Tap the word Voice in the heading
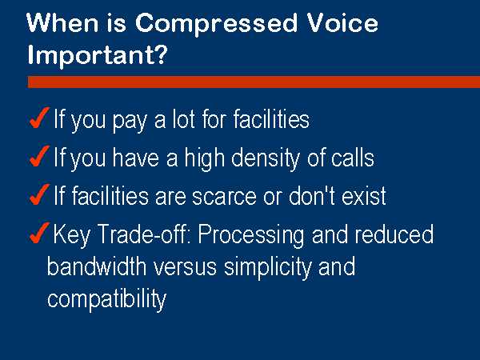tap(342, 22)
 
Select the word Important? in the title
tap(98, 55)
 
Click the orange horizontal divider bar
tap(254, 82)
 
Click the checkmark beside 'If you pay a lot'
tap(39, 118)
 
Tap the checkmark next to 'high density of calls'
tap(39, 156)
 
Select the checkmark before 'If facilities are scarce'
tap(39, 194)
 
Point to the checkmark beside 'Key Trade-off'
tap(39, 233)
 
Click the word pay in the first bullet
tap(130, 122)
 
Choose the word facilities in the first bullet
tap(271, 118)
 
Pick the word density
tap(265, 158)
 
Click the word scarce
tap(224, 197)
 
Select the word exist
tap(364, 195)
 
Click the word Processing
tap(251, 236)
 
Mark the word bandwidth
tap(97, 266)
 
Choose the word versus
tap(185, 268)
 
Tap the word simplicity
tap(267, 268)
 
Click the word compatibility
tap(107, 299)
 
